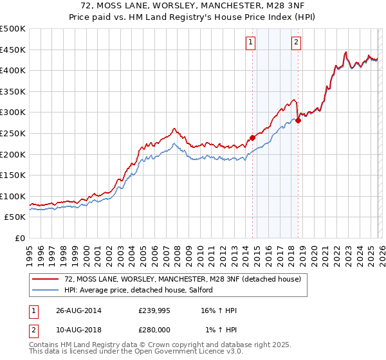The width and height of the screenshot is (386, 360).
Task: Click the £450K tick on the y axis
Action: (x=13, y=50)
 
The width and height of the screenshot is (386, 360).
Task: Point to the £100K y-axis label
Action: (x=13, y=196)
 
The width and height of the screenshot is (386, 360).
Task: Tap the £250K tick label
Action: (x=13, y=133)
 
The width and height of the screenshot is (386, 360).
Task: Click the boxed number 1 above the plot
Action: (x=250, y=43)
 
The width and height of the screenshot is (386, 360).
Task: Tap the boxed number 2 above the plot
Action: (x=296, y=43)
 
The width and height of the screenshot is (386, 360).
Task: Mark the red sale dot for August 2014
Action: (x=252, y=137)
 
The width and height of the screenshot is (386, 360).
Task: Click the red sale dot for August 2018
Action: (x=298, y=120)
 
